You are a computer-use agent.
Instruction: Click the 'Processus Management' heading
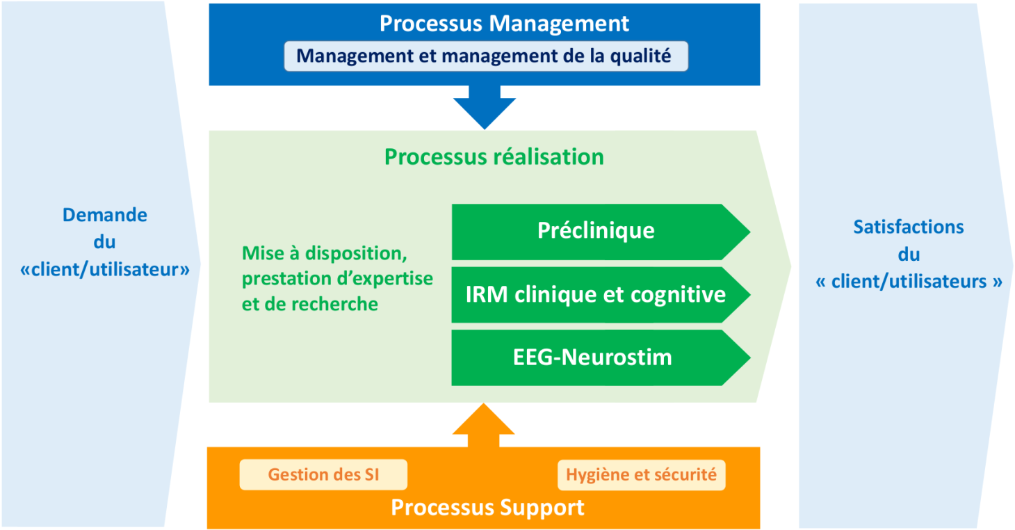(504, 23)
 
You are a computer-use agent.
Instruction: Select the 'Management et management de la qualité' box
(485, 56)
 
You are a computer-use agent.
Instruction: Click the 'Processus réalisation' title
(494, 156)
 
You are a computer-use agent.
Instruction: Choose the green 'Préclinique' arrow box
(596, 231)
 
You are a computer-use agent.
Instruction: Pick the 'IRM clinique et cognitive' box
(596, 294)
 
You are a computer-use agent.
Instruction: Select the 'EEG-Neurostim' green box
(592, 358)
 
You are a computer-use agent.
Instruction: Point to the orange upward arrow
(484, 425)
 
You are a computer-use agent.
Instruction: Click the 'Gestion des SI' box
(323, 475)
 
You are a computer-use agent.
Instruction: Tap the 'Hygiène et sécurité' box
(641, 475)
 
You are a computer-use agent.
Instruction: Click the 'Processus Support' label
(487, 507)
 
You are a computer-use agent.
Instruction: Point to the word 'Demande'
(105, 215)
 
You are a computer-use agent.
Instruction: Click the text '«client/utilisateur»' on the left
(105, 270)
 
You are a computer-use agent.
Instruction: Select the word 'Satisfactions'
(909, 227)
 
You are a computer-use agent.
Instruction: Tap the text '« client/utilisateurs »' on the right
(909, 282)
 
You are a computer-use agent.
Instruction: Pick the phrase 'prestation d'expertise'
(337, 279)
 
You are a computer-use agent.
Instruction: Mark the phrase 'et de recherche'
(310, 304)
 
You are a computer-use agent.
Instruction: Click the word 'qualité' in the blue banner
(640, 56)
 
